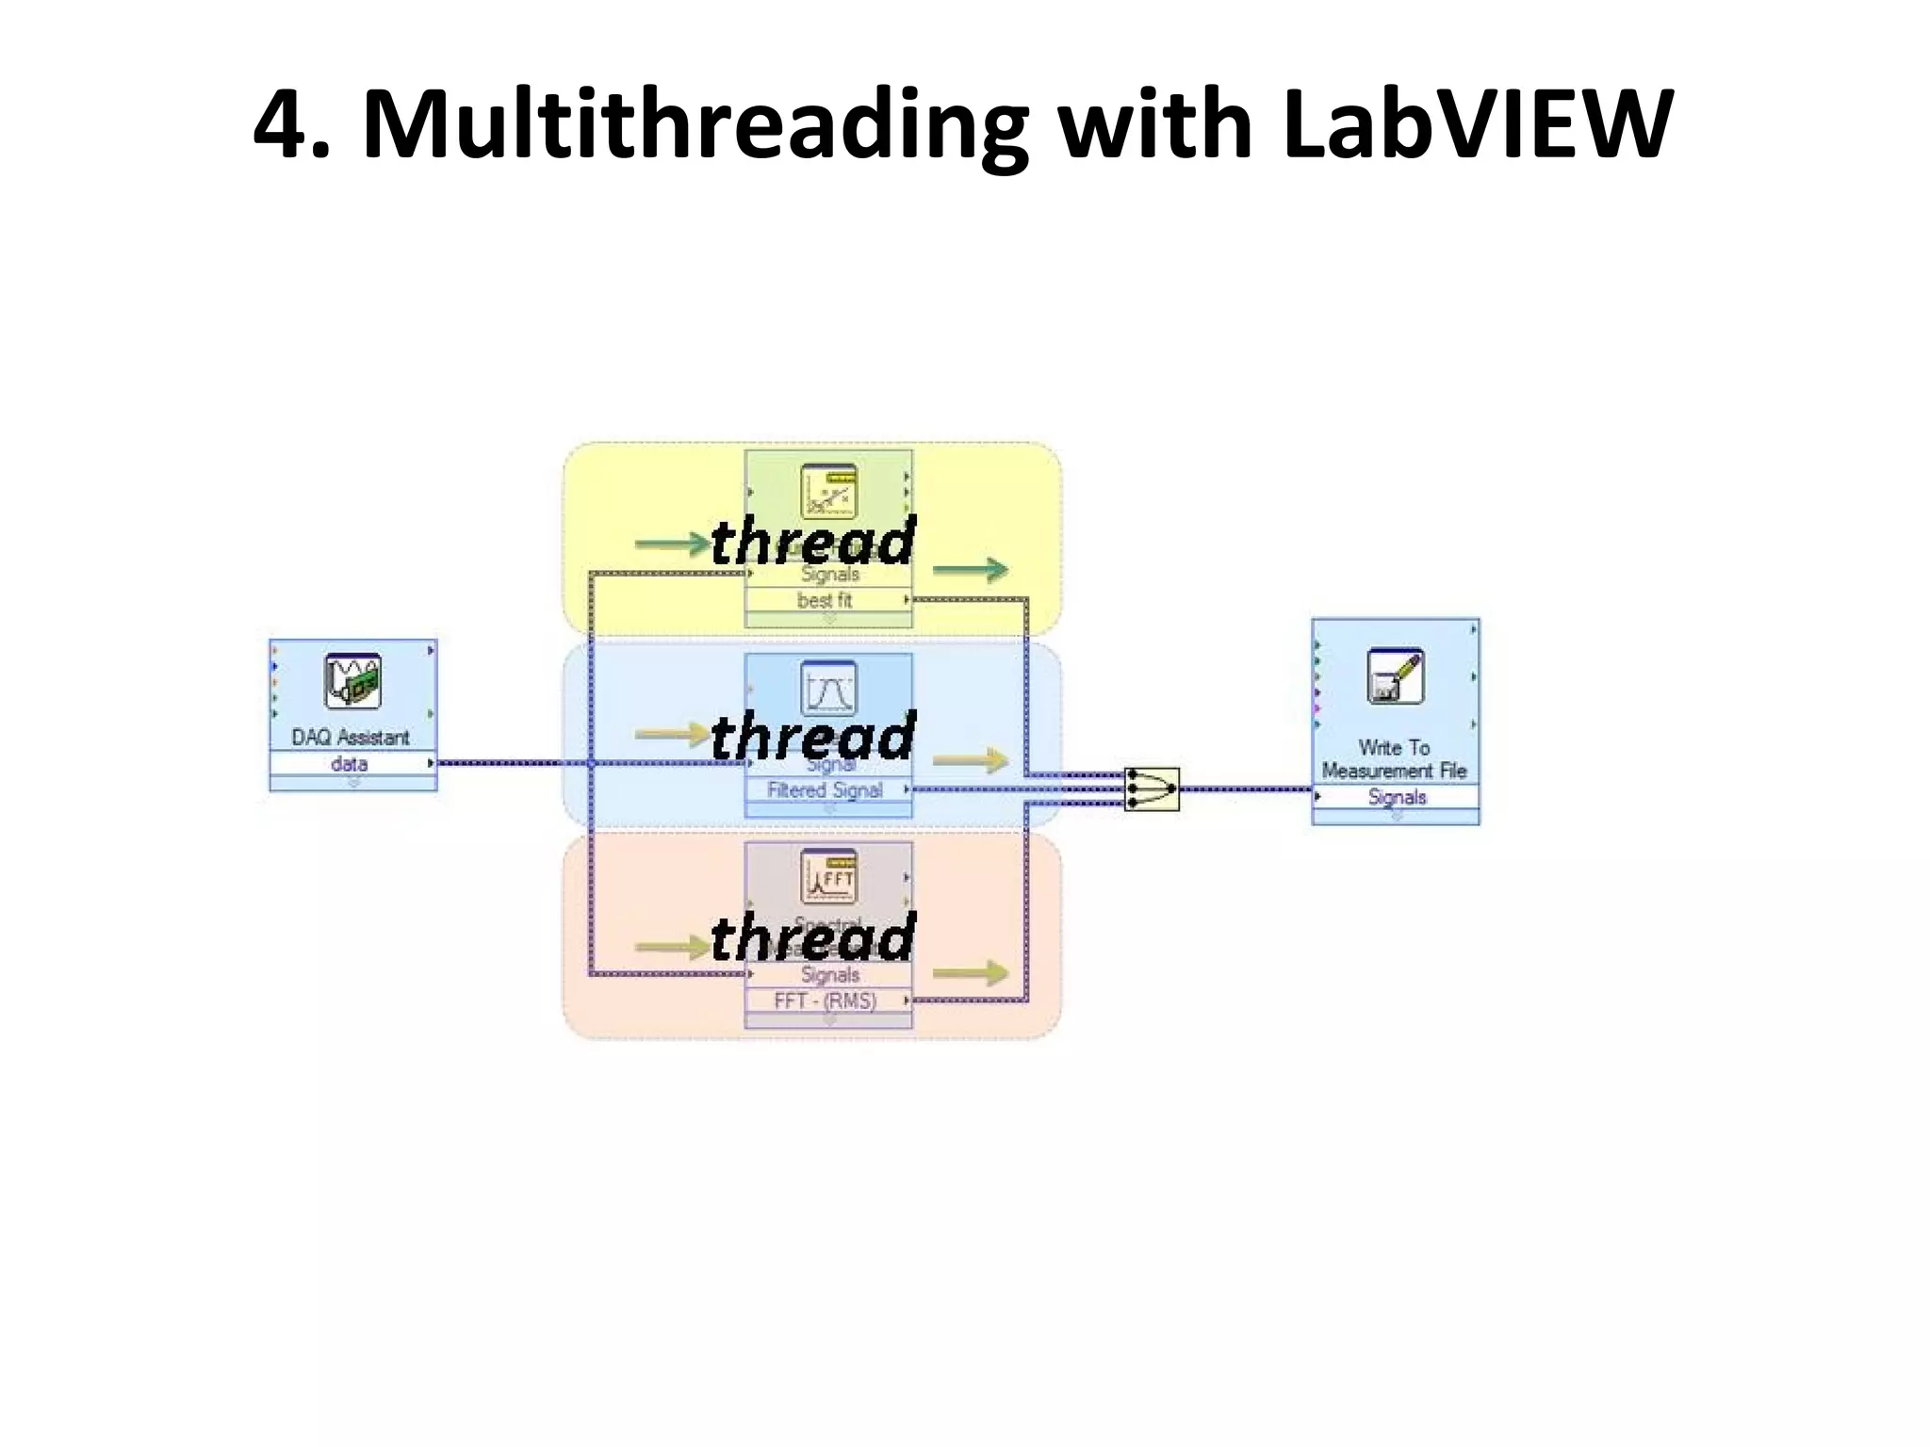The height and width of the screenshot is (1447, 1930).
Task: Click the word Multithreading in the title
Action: coord(695,126)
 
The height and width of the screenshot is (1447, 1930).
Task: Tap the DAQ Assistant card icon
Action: coord(352,680)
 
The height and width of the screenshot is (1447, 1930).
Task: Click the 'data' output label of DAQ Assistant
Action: coord(350,763)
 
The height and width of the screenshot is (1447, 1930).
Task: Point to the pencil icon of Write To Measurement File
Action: coord(1395,675)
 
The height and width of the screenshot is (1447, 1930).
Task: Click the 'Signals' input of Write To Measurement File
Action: coord(1397,797)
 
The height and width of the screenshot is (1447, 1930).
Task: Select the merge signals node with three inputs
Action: coord(1153,789)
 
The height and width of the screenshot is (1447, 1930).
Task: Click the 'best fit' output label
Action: coord(825,600)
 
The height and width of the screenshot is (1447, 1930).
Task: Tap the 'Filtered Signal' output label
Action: coord(825,789)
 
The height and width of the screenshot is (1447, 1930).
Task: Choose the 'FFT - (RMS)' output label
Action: coord(825,1000)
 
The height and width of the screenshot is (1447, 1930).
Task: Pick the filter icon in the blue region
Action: coord(828,688)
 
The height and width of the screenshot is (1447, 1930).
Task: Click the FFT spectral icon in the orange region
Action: coord(828,875)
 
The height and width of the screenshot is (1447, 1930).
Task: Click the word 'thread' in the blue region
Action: coord(813,736)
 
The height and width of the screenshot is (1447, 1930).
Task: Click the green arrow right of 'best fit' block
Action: coord(971,569)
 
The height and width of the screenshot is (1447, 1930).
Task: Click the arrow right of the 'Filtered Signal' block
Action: coord(971,759)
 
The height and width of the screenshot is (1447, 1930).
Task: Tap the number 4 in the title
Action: coord(282,126)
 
